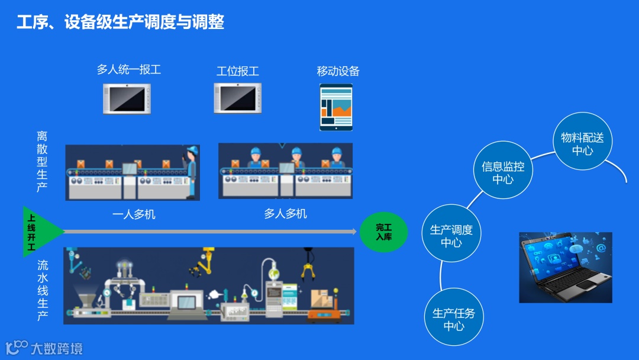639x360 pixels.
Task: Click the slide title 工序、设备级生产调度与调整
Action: click(121, 22)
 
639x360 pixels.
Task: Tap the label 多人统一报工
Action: click(129, 70)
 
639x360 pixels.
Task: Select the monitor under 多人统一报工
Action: click(127, 98)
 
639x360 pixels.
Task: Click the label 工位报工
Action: click(238, 72)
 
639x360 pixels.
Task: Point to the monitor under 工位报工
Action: click(238, 98)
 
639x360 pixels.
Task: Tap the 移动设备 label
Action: click(338, 72)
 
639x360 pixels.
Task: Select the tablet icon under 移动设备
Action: click(336, 107)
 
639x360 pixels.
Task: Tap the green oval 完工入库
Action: click(384, 232)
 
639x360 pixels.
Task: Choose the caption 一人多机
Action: click(134, 214)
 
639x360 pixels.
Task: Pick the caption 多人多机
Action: click(285, 214)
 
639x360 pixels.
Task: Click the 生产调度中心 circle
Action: click(451, 236)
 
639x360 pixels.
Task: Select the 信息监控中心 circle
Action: click(503, 172)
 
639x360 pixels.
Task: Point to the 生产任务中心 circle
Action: click(454, 319)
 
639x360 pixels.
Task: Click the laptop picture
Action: click(565, 268)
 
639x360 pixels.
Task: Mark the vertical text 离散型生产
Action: click(42, 161)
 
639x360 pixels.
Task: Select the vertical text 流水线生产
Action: click(42, 291)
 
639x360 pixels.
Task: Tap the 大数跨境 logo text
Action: click(56, 348)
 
